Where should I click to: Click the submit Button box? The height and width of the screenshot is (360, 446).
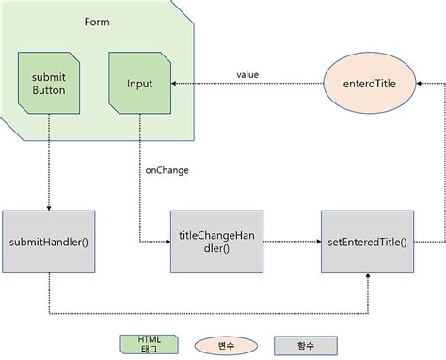tap(48, 83)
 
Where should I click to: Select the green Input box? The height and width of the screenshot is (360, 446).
tap(139, 83)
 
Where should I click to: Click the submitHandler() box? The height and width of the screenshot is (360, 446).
tap(48, 242)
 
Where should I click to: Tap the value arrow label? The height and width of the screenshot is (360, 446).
tap(247, 74)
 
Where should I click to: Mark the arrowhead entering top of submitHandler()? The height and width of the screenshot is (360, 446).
tap(48, 207)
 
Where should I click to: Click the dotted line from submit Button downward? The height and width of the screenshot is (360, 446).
tap(48, 160)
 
